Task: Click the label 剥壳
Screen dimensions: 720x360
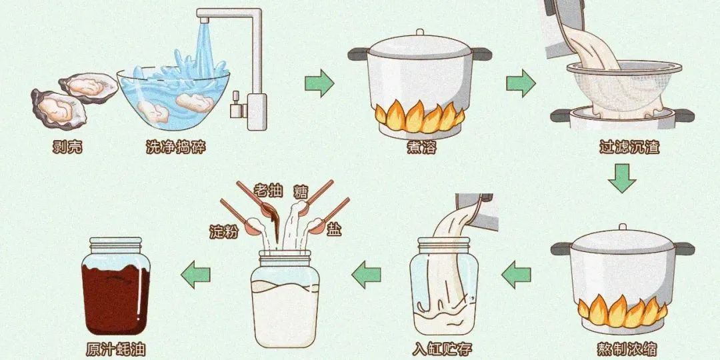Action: tap(67, 147)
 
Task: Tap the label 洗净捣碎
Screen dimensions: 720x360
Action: tap(176, 147)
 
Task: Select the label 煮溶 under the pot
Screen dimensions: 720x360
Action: tap(421, 147)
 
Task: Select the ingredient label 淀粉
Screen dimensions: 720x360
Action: tap(223, 231)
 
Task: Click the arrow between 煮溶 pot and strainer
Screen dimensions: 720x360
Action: tap(521, 83)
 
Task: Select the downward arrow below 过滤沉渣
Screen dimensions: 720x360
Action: tap(622, 178)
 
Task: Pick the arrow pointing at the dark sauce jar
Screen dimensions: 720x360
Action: tap(195, 275)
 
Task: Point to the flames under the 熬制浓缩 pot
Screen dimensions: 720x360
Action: tap(623, 310)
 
